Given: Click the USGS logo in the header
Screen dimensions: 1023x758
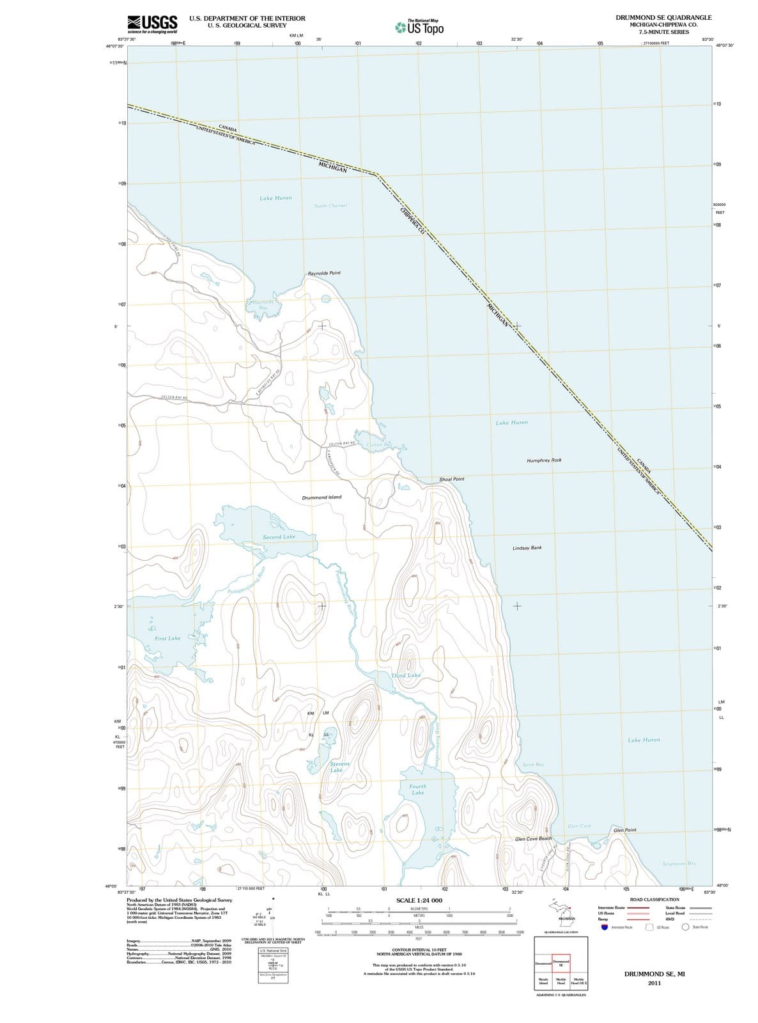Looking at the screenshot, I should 153,24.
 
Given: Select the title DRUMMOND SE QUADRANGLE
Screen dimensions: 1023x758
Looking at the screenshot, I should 663,18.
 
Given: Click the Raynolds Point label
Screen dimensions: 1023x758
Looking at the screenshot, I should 324,273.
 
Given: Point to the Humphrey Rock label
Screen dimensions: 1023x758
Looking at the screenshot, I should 544,460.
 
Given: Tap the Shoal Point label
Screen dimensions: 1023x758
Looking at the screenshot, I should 451,479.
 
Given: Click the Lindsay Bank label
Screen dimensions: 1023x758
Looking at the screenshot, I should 527,548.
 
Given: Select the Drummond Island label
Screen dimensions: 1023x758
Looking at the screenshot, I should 321,497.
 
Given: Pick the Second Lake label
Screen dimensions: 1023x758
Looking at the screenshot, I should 279,537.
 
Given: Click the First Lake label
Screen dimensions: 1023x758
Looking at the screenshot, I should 167,638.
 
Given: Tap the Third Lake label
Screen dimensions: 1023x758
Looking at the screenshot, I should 406,675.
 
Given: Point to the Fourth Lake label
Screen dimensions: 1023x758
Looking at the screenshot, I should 417,790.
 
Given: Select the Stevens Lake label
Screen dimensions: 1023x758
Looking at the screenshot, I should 339,767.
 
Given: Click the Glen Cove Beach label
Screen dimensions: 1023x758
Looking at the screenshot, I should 533,838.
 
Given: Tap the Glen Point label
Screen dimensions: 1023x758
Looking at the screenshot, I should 624,830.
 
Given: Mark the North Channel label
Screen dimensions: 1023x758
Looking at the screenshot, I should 330,206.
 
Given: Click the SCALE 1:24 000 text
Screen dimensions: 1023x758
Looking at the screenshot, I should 419,900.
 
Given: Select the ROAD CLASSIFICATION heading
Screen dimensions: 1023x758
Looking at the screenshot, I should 654,900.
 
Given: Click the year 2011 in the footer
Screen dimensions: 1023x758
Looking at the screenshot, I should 654,983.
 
